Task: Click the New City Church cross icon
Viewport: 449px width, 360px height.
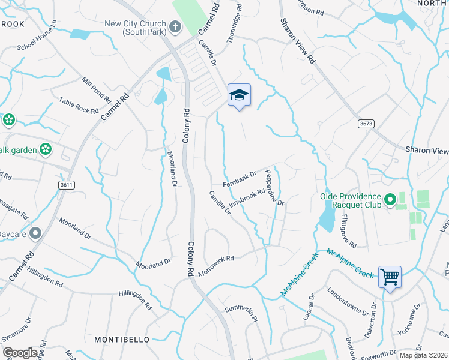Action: coord(175,27)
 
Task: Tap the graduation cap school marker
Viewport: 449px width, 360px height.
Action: coord(239,95)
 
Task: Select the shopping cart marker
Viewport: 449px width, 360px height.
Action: coord(390,277)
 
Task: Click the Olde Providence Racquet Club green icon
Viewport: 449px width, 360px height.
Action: coord(390,198)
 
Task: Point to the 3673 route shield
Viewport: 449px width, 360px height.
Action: coord(366,123)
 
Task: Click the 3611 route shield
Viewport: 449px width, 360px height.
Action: coord(67,185)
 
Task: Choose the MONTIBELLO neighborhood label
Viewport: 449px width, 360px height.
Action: coord(122,340)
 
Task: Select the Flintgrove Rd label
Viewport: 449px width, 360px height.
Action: coord(348,233)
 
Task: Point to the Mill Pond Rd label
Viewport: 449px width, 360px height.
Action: coord(97,89)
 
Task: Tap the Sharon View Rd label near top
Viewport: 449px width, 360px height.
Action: coord(297,41)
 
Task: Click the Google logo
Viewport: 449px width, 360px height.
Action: coord(20,353)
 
